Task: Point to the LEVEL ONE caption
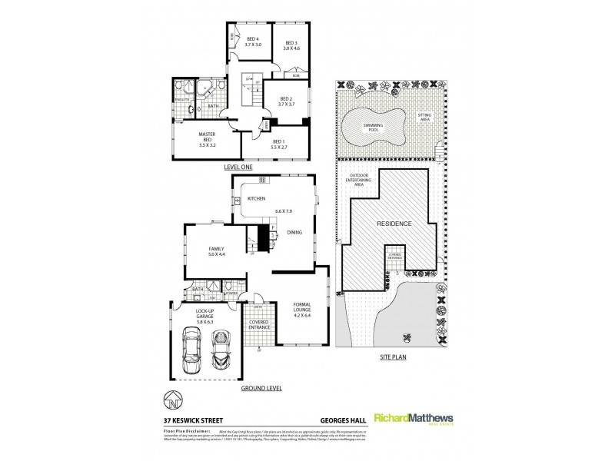238,167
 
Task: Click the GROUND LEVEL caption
260,389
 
